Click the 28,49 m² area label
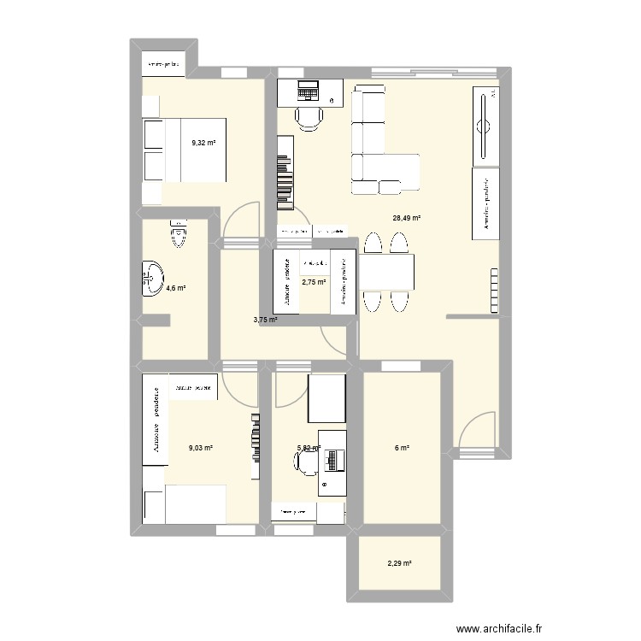tap(407, 218)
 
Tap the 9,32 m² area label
tap(203, 144)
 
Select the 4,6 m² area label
tap(176, 288)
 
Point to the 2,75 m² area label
tap(315, 281)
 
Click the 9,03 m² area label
tap(201, 446)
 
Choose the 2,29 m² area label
tap(400, 563)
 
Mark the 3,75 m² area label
tap(265, 320)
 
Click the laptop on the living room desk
tap(307, 88)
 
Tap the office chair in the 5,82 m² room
tap(305, 462)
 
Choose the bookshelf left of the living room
tap(285, 179)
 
